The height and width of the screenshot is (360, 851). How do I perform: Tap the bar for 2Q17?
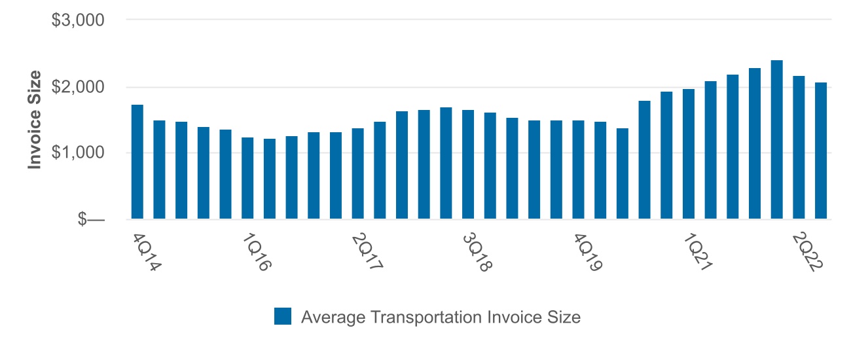pyautogui.click(x=357, y=173)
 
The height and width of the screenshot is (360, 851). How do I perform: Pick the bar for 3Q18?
pyautogui.click(x=468, y=164)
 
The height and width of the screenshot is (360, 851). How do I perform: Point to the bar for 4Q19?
pyautogui.click(x=578, y=170)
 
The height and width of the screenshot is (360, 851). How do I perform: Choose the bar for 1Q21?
pyautogui.click(x=689, y=154)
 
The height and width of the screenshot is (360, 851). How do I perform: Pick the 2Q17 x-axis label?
pyautogui.click(x=367, y=253)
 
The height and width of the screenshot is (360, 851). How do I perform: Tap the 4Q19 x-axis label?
pyautogui.click(x=588, y=253)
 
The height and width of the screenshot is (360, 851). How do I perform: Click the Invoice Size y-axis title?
pyautogui.click(x=35, y=120)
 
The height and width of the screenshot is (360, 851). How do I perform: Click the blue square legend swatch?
pyautogui.click(x=283, y=317)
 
